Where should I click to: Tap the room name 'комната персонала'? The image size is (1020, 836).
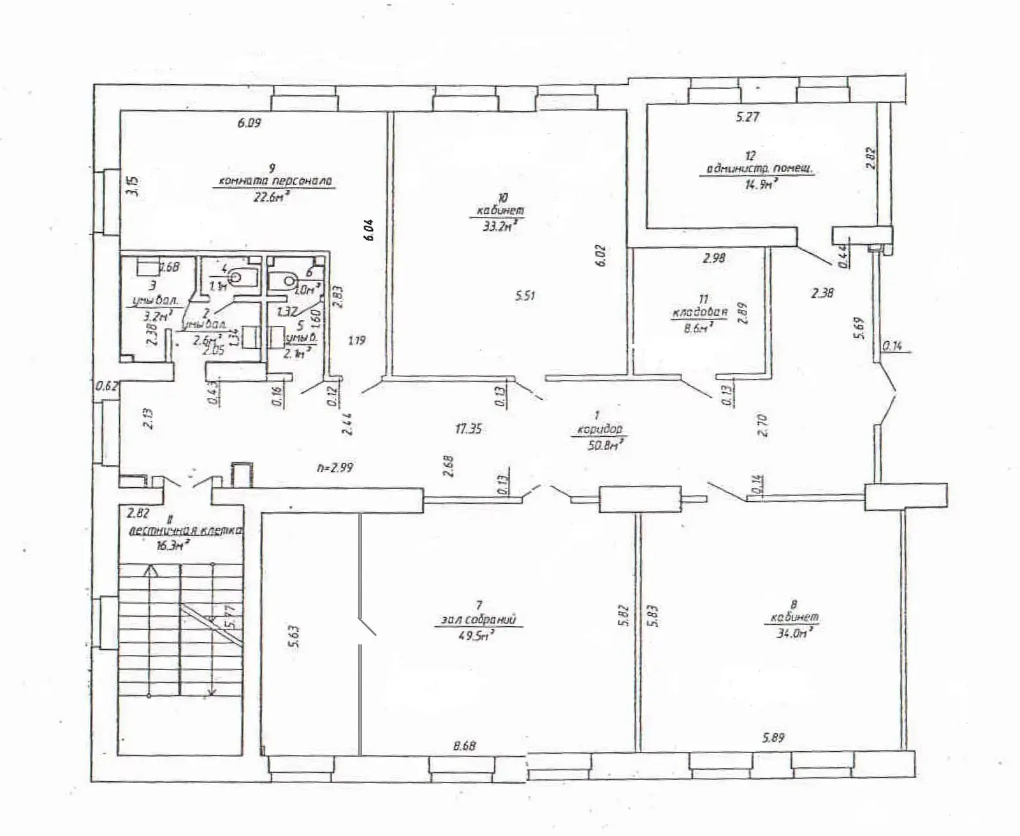(x=275, y=181)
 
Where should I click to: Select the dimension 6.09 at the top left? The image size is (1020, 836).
(x=250, y=123)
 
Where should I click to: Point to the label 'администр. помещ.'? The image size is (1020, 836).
(x=762, y=170)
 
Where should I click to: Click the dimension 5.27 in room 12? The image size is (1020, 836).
(x=748, y=117)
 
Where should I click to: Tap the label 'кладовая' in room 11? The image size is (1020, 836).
(x=699, y=313)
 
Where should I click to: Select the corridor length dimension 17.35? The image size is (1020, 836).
(x=468, y=429)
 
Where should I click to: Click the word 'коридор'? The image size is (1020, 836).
(x=599, y=430)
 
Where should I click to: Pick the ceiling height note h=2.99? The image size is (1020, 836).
(x=335, y=467)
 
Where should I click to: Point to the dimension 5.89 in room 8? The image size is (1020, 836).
(x=773, y=738)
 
